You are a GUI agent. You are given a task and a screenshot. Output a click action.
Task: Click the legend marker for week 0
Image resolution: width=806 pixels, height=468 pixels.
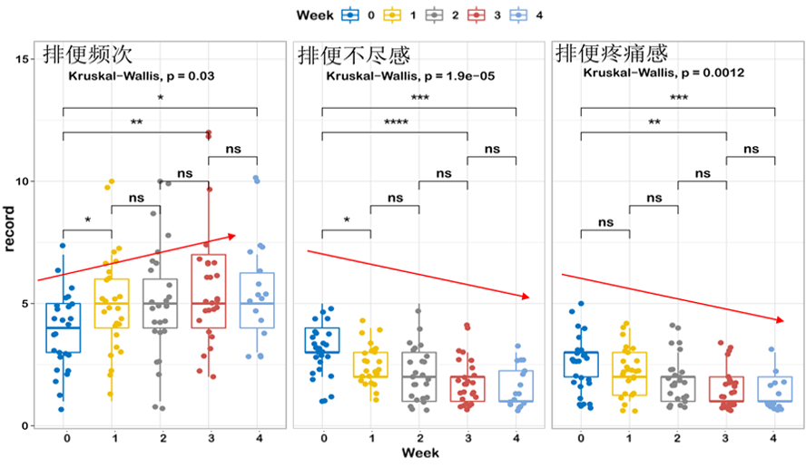(x=349, y=15)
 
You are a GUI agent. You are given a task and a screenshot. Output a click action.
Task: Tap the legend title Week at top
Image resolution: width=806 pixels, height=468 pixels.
(x=314, y=15)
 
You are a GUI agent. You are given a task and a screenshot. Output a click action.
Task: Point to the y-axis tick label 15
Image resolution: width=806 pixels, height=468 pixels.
(x=25, y=59)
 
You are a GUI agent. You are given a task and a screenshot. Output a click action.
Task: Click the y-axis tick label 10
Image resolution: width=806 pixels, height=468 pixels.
(x=25, y=181)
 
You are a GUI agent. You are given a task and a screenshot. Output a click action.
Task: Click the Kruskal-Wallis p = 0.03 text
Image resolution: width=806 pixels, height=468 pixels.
(x=141, y=76)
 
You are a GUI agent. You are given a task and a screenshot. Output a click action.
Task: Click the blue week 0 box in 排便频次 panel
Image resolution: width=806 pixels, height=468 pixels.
(x=63, y=327)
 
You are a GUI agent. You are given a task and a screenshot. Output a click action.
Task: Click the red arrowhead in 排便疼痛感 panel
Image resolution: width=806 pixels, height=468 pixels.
(x=781, y=320)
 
